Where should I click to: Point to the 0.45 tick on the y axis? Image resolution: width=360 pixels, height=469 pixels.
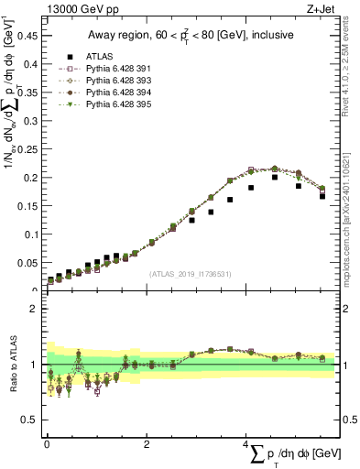point(27,36)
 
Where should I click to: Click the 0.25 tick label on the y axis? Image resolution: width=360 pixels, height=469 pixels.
point(27,149)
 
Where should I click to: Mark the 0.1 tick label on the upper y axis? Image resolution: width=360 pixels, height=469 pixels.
point(30,234)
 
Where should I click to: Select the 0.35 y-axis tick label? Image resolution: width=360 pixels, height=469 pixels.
point(27,93)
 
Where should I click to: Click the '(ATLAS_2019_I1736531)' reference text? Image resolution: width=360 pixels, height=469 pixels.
point(190,274)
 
